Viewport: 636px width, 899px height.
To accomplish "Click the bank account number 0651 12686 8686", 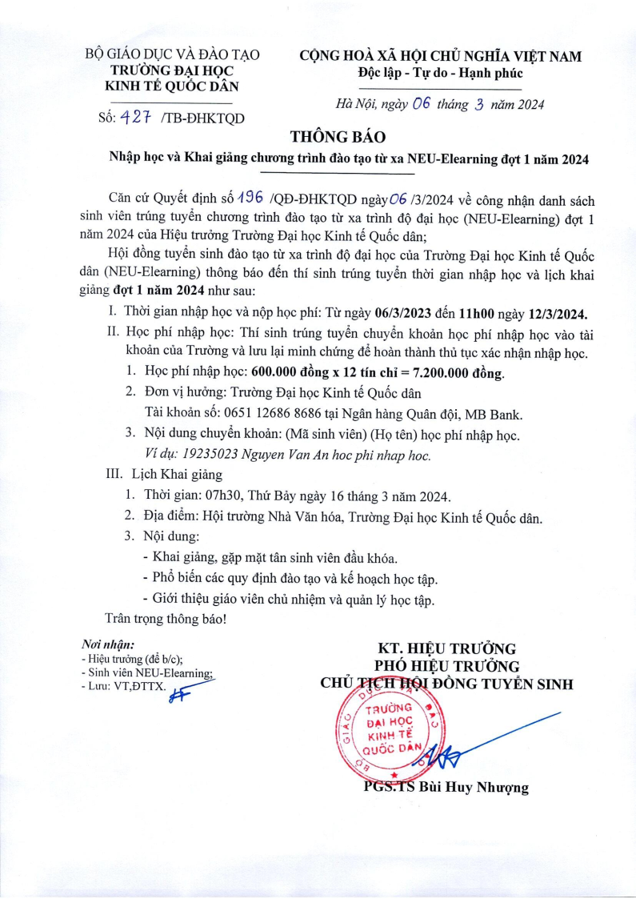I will (x=262, y=414).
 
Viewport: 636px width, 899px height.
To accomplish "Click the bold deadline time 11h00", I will (x=470, y=312).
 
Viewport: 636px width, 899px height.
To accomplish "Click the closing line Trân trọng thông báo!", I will (x=166, y=618).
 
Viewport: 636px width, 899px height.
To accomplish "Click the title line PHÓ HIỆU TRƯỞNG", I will (x=447, y=665).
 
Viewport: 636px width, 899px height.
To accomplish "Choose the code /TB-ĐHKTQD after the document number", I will (x=202, y=118).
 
